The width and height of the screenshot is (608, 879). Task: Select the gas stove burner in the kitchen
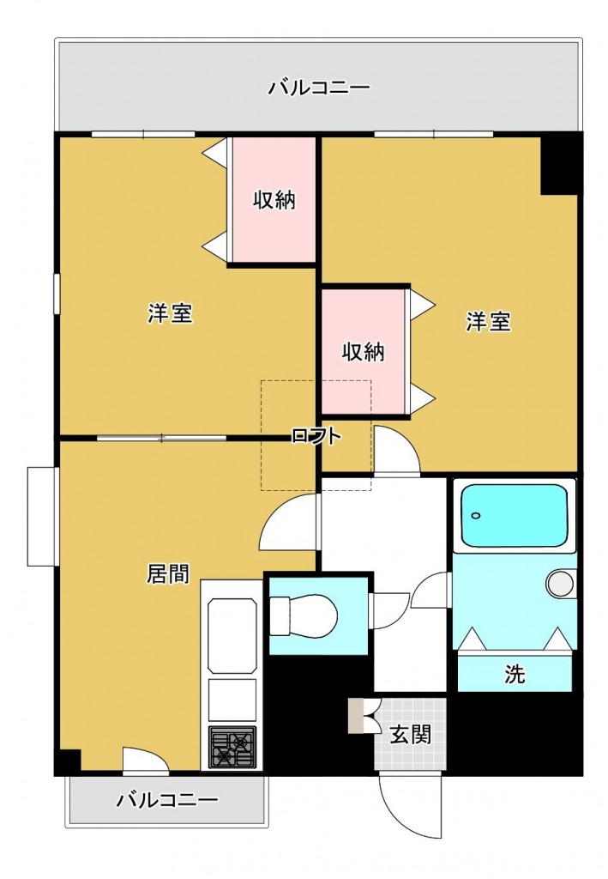(232, 747)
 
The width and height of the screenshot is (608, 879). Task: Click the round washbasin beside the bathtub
(560, 584)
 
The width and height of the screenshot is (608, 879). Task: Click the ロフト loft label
(316, 436)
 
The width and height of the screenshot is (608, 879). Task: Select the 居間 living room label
(168, 574)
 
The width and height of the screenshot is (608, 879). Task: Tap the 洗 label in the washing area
(515, 674)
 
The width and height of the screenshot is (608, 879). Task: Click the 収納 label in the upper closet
(274, 201)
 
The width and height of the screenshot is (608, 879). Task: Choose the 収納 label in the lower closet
(363, 352)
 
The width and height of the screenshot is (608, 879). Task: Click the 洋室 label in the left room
(169, 314)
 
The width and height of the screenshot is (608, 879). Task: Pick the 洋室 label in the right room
(489, 322)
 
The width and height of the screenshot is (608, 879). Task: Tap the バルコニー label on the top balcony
(318, 88)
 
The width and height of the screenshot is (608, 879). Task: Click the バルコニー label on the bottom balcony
(167, 801)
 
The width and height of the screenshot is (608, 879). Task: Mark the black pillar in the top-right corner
(561, 163)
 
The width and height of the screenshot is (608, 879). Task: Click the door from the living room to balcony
(144, 760)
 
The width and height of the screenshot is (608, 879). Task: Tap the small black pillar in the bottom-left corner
(68, 761)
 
